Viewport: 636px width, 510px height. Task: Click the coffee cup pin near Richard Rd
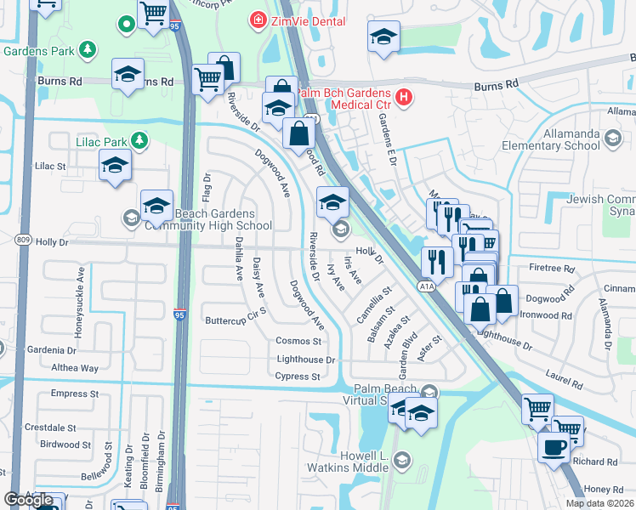(554, 446)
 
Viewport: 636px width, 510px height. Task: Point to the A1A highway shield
(426, 287)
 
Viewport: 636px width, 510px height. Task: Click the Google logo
(28, 499)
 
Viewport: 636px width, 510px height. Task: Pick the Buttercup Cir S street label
(236, 320)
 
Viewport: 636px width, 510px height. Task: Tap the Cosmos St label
(298, 341)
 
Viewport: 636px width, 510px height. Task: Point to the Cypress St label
(298, 377)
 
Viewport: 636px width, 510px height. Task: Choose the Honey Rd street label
(604, 489)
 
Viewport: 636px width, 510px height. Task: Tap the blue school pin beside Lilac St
(115, 165)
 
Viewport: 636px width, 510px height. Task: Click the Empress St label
(69, 394)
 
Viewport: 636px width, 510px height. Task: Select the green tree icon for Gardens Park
(88, 50)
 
